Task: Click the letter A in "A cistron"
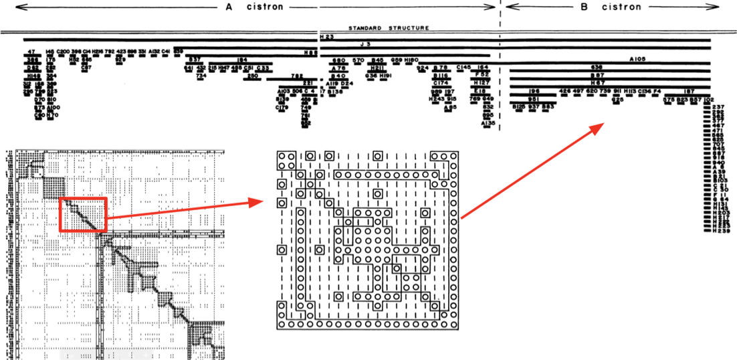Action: (x=229, y=7)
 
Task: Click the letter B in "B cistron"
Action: (x=584, y=7)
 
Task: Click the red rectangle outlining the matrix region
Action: (x=84, y=215)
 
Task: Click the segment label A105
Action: (x=641, y=60)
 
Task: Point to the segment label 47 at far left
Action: (x=31, y=52)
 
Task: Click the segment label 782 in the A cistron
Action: (x=297, y=76)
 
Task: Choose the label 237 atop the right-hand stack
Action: (x=720, y=107)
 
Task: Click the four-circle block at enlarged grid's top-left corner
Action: (x=288, y=161)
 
